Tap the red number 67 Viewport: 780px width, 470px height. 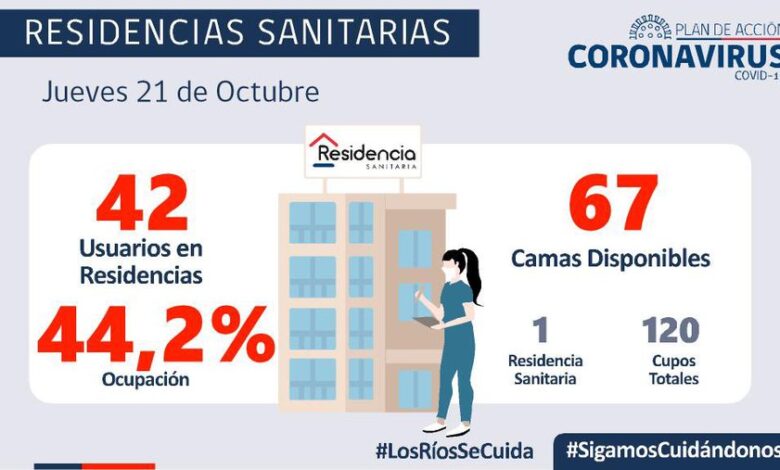(x=613, y=204)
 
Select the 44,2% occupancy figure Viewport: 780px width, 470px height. (x=155, y=336)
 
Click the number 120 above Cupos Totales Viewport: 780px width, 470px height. (x=671, y=329)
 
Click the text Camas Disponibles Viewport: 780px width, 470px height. (x=611, y=258)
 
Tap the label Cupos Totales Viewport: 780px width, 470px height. (x=671, y=369)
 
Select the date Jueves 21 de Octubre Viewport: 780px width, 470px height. (x=180, y=92)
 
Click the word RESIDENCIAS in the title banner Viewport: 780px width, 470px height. (x=130, y=32)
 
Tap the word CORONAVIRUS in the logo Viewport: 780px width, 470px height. (x=673, y=54)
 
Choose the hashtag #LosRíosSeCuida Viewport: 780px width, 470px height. (x=454, y=450)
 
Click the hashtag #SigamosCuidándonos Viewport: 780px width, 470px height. (x=671, y=450)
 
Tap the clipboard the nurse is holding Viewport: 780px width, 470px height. (x=426, y=322)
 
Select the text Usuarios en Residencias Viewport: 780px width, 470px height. (x=142, y=258)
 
